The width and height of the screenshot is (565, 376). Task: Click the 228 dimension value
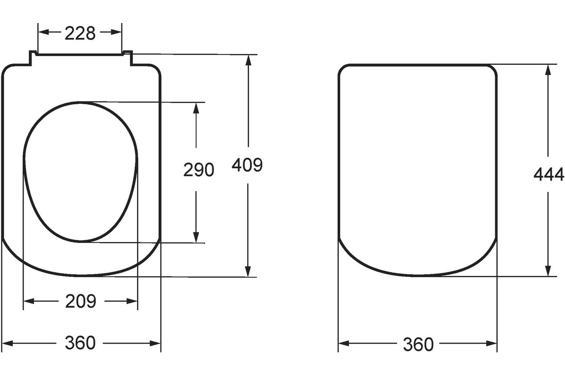tap(80, 33)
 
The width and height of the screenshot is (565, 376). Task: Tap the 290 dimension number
tap(199, 170)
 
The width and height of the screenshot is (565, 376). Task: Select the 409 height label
tap(247, 165)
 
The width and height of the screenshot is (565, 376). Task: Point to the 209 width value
tap(81, 301)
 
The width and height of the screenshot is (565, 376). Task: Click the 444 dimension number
tap(549, 174)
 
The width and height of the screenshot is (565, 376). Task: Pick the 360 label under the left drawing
tap(80, 343)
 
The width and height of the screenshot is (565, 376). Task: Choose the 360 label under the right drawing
tap(418, 344)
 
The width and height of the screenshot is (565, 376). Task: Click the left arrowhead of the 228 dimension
tap(43, 32)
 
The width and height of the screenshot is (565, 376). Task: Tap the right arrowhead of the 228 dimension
tap(117, 32)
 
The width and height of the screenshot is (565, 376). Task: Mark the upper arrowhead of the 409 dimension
tap(249, 60)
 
